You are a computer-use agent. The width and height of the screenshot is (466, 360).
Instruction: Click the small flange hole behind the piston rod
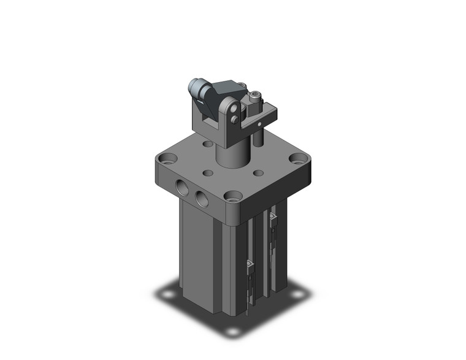tap(208, 144)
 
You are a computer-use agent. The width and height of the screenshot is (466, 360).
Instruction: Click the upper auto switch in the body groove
tap(272, 219)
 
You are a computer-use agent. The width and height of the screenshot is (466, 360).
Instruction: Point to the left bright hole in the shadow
tap(167, 294)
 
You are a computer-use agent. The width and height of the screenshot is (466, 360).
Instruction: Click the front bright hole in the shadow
tap(232, 331)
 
